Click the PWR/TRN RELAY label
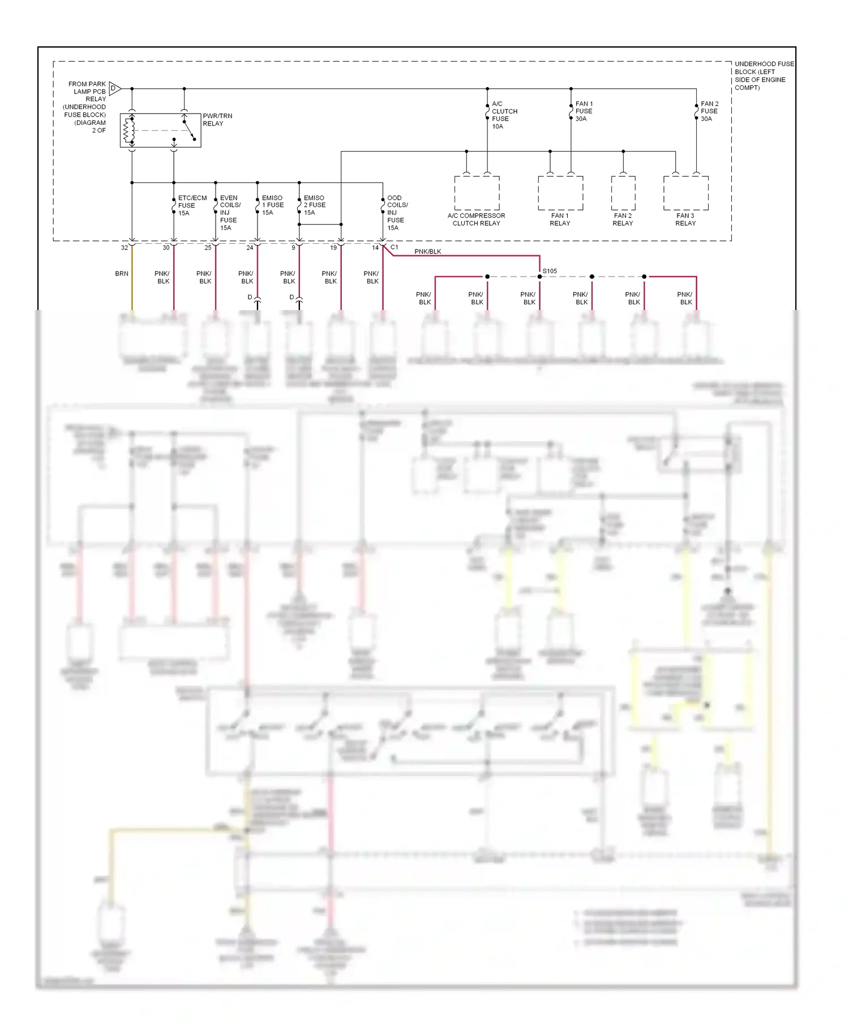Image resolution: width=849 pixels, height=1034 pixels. (217, 119)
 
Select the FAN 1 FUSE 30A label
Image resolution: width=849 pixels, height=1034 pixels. (584, 111)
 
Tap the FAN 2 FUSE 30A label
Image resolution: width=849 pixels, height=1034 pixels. (709, 111)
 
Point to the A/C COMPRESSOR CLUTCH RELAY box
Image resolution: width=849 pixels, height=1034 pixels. (477, 193)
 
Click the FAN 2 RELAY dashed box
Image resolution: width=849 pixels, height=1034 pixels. (623, 193)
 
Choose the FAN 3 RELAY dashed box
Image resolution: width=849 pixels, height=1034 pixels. (685, 193)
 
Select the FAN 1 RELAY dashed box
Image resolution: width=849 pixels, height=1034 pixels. (560, 193)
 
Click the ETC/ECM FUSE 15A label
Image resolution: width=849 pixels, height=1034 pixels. (191, 205)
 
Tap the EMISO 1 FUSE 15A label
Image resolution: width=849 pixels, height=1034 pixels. (272, 205)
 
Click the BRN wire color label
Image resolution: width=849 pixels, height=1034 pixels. (122, 274)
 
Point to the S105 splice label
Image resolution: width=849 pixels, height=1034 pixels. (550, 271)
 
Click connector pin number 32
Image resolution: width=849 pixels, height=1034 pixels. (125, 248)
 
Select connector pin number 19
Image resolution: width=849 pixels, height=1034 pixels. (333, 248)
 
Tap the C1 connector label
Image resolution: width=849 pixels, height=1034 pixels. (394, 247)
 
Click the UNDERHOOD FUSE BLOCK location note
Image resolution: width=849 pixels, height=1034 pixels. (764, 76)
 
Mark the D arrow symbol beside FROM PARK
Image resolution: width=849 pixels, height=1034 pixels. (114, 88)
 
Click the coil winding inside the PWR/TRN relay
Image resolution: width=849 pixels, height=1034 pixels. (128, 131)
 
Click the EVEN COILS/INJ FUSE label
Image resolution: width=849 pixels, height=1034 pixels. (229, 213)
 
